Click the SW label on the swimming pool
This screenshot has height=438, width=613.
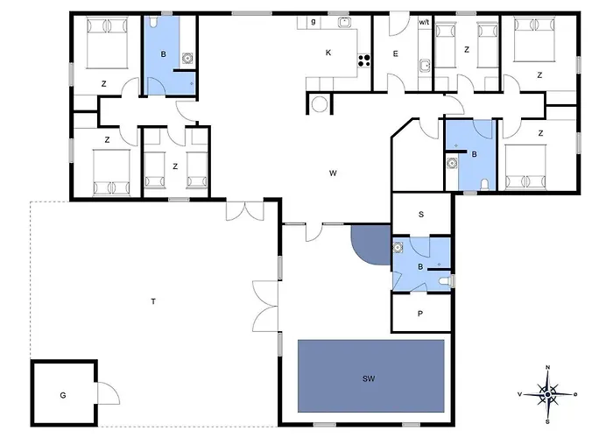(x=369, y=378)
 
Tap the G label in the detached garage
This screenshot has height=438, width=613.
(x=63, y=395)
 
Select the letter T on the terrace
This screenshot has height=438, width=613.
(x=153, y=301)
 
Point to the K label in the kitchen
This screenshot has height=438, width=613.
(x=328, y=53)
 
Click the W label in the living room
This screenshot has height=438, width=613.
(x=333, y=173)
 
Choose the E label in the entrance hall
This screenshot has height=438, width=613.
(x=396, y=54)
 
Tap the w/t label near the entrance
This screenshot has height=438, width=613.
(x=424, y=22)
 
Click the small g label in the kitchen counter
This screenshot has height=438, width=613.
(x=314, y=22)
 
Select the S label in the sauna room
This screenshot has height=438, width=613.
(x=421, y=215)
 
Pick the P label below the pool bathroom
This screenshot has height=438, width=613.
(x=420, y=314)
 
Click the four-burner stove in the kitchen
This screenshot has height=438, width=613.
(x=364, y=60)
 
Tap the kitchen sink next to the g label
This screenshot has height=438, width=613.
(x=344, y=22)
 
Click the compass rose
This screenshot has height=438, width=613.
(x=548, y=394)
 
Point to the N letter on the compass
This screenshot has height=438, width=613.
(x=548, y=367)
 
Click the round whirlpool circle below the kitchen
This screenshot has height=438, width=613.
(x=320, y=104)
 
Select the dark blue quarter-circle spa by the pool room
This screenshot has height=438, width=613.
(x=371, y=244)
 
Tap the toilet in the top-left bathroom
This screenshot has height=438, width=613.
(x=153, y=21)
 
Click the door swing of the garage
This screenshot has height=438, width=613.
(x=109, y=393)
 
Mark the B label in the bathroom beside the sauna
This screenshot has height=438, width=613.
(x=420, y=266)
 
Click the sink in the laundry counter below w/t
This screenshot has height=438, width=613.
(x=425, y=66)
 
